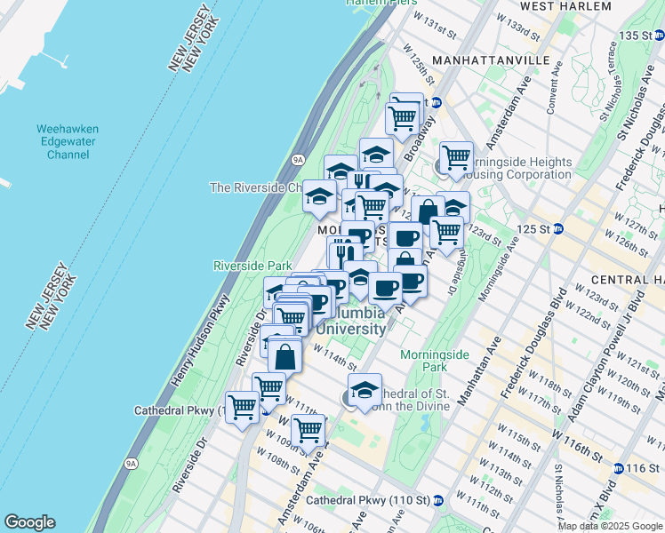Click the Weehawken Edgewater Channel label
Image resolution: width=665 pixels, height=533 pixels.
(68, 141)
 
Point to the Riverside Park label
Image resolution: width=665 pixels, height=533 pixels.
(252, 266)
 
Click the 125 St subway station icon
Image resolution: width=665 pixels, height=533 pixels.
(558, 228)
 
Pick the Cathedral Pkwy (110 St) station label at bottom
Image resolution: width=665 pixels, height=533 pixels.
(366, 500)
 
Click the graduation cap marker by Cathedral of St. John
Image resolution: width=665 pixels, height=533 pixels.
(364, 389)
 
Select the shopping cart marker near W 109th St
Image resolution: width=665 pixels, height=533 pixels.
(308, 429)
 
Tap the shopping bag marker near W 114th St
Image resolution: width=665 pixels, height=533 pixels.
(284, 355)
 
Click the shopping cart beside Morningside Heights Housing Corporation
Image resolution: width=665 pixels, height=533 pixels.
(456, 156)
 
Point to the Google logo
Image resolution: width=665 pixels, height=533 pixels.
(29, 522)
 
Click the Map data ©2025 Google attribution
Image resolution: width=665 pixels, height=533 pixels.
(610, 526)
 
